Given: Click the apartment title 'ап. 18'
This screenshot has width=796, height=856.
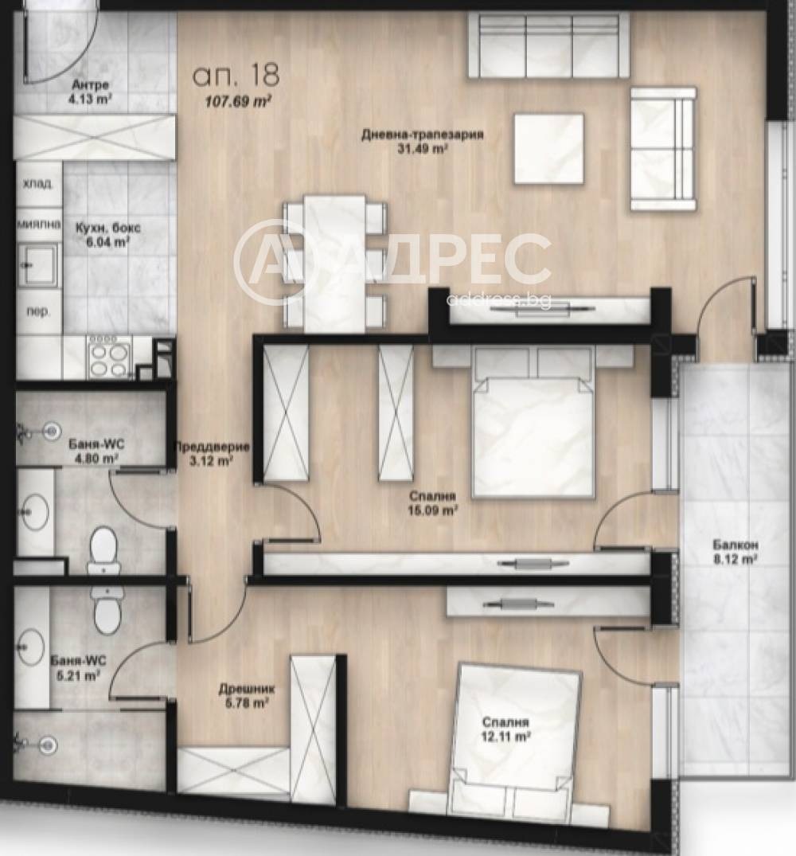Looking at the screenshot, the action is point(236,75).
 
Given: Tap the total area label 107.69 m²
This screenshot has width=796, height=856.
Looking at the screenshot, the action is point(239,102).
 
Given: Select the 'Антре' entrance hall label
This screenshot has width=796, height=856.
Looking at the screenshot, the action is point(91,85).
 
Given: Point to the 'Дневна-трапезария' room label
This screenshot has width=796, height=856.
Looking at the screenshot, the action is point(423,135).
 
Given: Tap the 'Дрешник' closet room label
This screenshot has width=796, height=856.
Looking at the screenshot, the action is point(247,690).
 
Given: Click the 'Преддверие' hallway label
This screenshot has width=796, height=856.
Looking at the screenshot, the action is point(212,447).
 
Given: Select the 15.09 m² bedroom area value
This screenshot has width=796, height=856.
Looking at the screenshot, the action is point(433,510).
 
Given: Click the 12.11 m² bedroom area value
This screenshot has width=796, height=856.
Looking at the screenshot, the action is point(506,736).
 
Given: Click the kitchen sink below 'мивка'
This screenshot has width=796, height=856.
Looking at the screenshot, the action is point(38,265).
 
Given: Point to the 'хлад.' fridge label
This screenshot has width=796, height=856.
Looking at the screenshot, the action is point(37,184).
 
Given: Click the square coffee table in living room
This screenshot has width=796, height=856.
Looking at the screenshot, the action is point(548,148).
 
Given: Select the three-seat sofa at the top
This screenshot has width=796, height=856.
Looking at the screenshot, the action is point(548,46).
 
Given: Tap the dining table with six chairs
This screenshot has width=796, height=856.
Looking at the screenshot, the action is point(334,264).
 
